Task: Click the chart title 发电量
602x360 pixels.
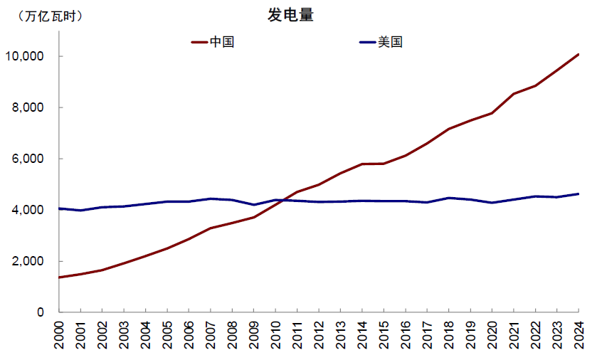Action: tap(290, 16)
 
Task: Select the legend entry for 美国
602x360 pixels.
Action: tap(390, 42)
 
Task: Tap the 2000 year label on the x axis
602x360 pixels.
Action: tap(59, 334)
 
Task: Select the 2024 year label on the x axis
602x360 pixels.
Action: tap(579, 334)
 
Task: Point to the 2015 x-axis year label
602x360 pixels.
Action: tap(384, 334)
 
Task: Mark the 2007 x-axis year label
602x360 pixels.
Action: tap(211, 334)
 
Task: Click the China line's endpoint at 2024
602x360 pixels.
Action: tap(579, 54)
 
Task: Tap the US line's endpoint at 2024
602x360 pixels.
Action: tap(579, 194)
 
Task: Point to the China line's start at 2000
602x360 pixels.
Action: tap(59, 277)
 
